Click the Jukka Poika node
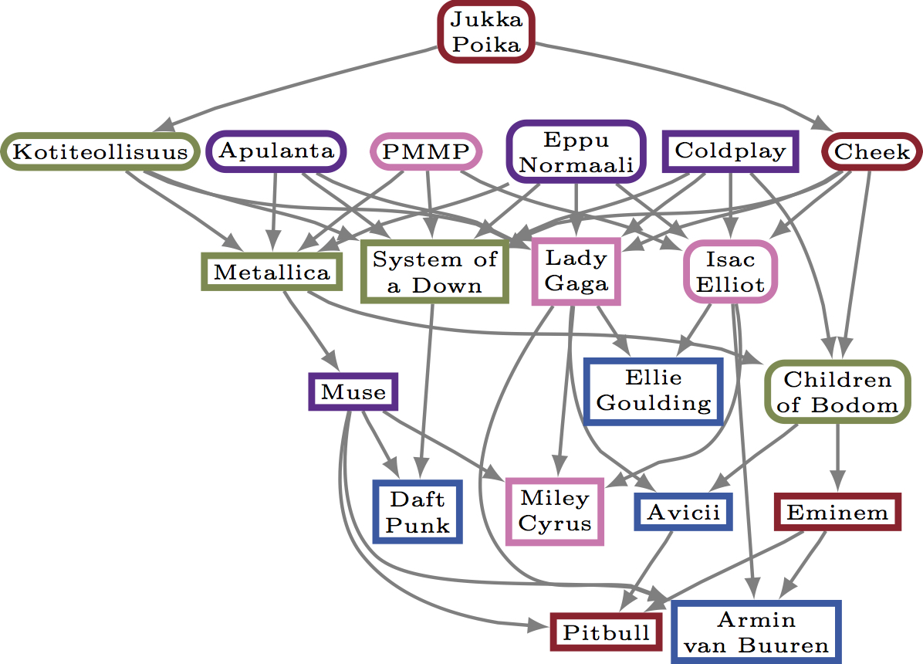[486, 32]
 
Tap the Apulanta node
[276, 151]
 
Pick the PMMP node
[426, 151]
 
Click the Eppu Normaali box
[576, 152]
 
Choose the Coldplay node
[730, 151]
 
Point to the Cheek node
[871, 152]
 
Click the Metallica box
[272, 272]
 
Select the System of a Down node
[434, 272]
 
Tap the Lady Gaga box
[576, 271]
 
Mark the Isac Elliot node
[730, 271]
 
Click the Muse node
[353, 391]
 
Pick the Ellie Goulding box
[654, 391]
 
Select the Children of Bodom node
[837, 391]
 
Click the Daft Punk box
[418, 512]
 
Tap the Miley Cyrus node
[554, 510]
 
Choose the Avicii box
[683, 512]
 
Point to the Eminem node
[837, 512]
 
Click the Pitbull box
[606, 632]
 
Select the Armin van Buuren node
[756, 632]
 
